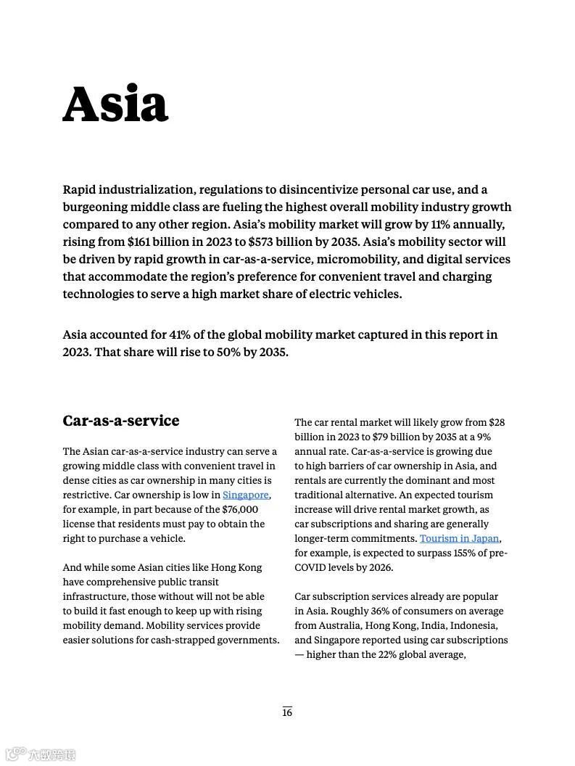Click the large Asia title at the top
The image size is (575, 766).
tap(115, 104)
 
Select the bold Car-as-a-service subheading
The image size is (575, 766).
tap(120, 421)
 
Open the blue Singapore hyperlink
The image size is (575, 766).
tap(245, 495)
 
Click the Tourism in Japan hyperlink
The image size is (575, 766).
tap(459, 538)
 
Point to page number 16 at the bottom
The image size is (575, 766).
tap(287, 712)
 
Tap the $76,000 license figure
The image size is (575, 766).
tap(240, 509)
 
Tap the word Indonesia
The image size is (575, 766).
tap(473, 625)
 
